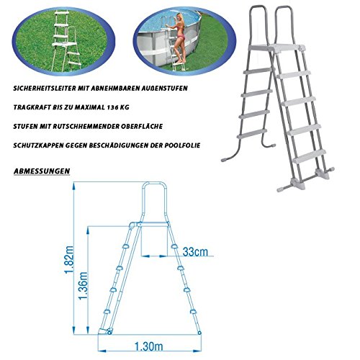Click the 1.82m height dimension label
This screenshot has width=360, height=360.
click(x=70, y=260)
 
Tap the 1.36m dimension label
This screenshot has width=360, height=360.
click(x=84, y=286)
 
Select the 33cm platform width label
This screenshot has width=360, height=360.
click(x=195, y=252)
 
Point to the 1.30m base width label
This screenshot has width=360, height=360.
click(x=148, y=346)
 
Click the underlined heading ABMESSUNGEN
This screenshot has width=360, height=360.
click(x=42, y=171)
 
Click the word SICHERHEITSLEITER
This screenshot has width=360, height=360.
click(x=45, y=89)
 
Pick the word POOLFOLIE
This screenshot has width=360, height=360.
click(x=182, y=145)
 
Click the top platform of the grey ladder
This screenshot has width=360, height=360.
click(x=276, y=48)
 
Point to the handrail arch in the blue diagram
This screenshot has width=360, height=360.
click(x=154, y=184)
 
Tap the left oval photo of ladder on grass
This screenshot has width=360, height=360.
click(x=63, y=41)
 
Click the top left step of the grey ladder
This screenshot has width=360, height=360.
click(x=258, y=71)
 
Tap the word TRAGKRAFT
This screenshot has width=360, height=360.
click(x=32, y=107)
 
